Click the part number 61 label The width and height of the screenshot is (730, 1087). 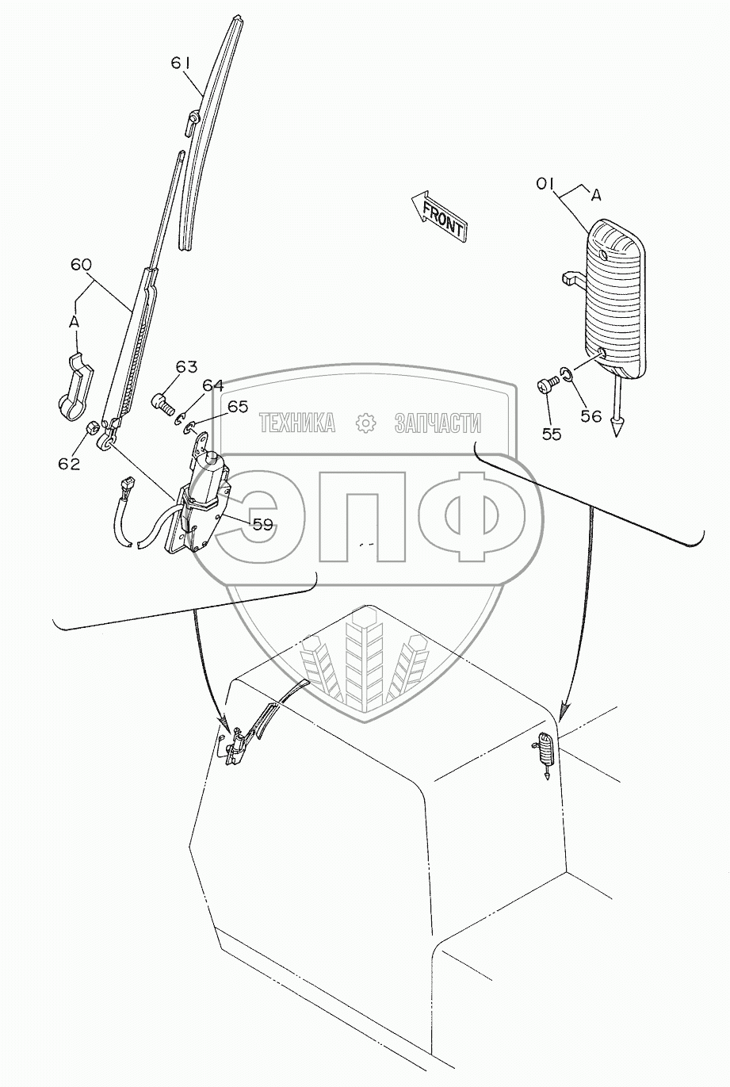pyautogui.click(x=182, y=62)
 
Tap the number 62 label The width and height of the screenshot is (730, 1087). pyautogui.click(x=69, y=464)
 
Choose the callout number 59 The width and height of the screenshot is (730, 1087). pyautogui.click(x=263, y=523)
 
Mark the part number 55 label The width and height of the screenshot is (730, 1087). pyautogui.click(x=552, y=434)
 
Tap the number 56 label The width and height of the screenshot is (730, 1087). pyautogui.click(x=590, y=415)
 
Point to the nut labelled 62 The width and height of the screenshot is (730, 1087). pyautogui.click(x=91, y=428)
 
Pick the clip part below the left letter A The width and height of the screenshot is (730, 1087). pyautogui.click(x=75, y=384)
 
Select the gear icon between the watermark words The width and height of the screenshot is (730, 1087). pyautogui.click(x=365, y=423)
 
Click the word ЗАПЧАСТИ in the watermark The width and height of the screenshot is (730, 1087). pyautogui.click(x=438, y=423)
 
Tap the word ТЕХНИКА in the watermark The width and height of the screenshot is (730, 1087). pyautogui.click(x=296, y=423)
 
